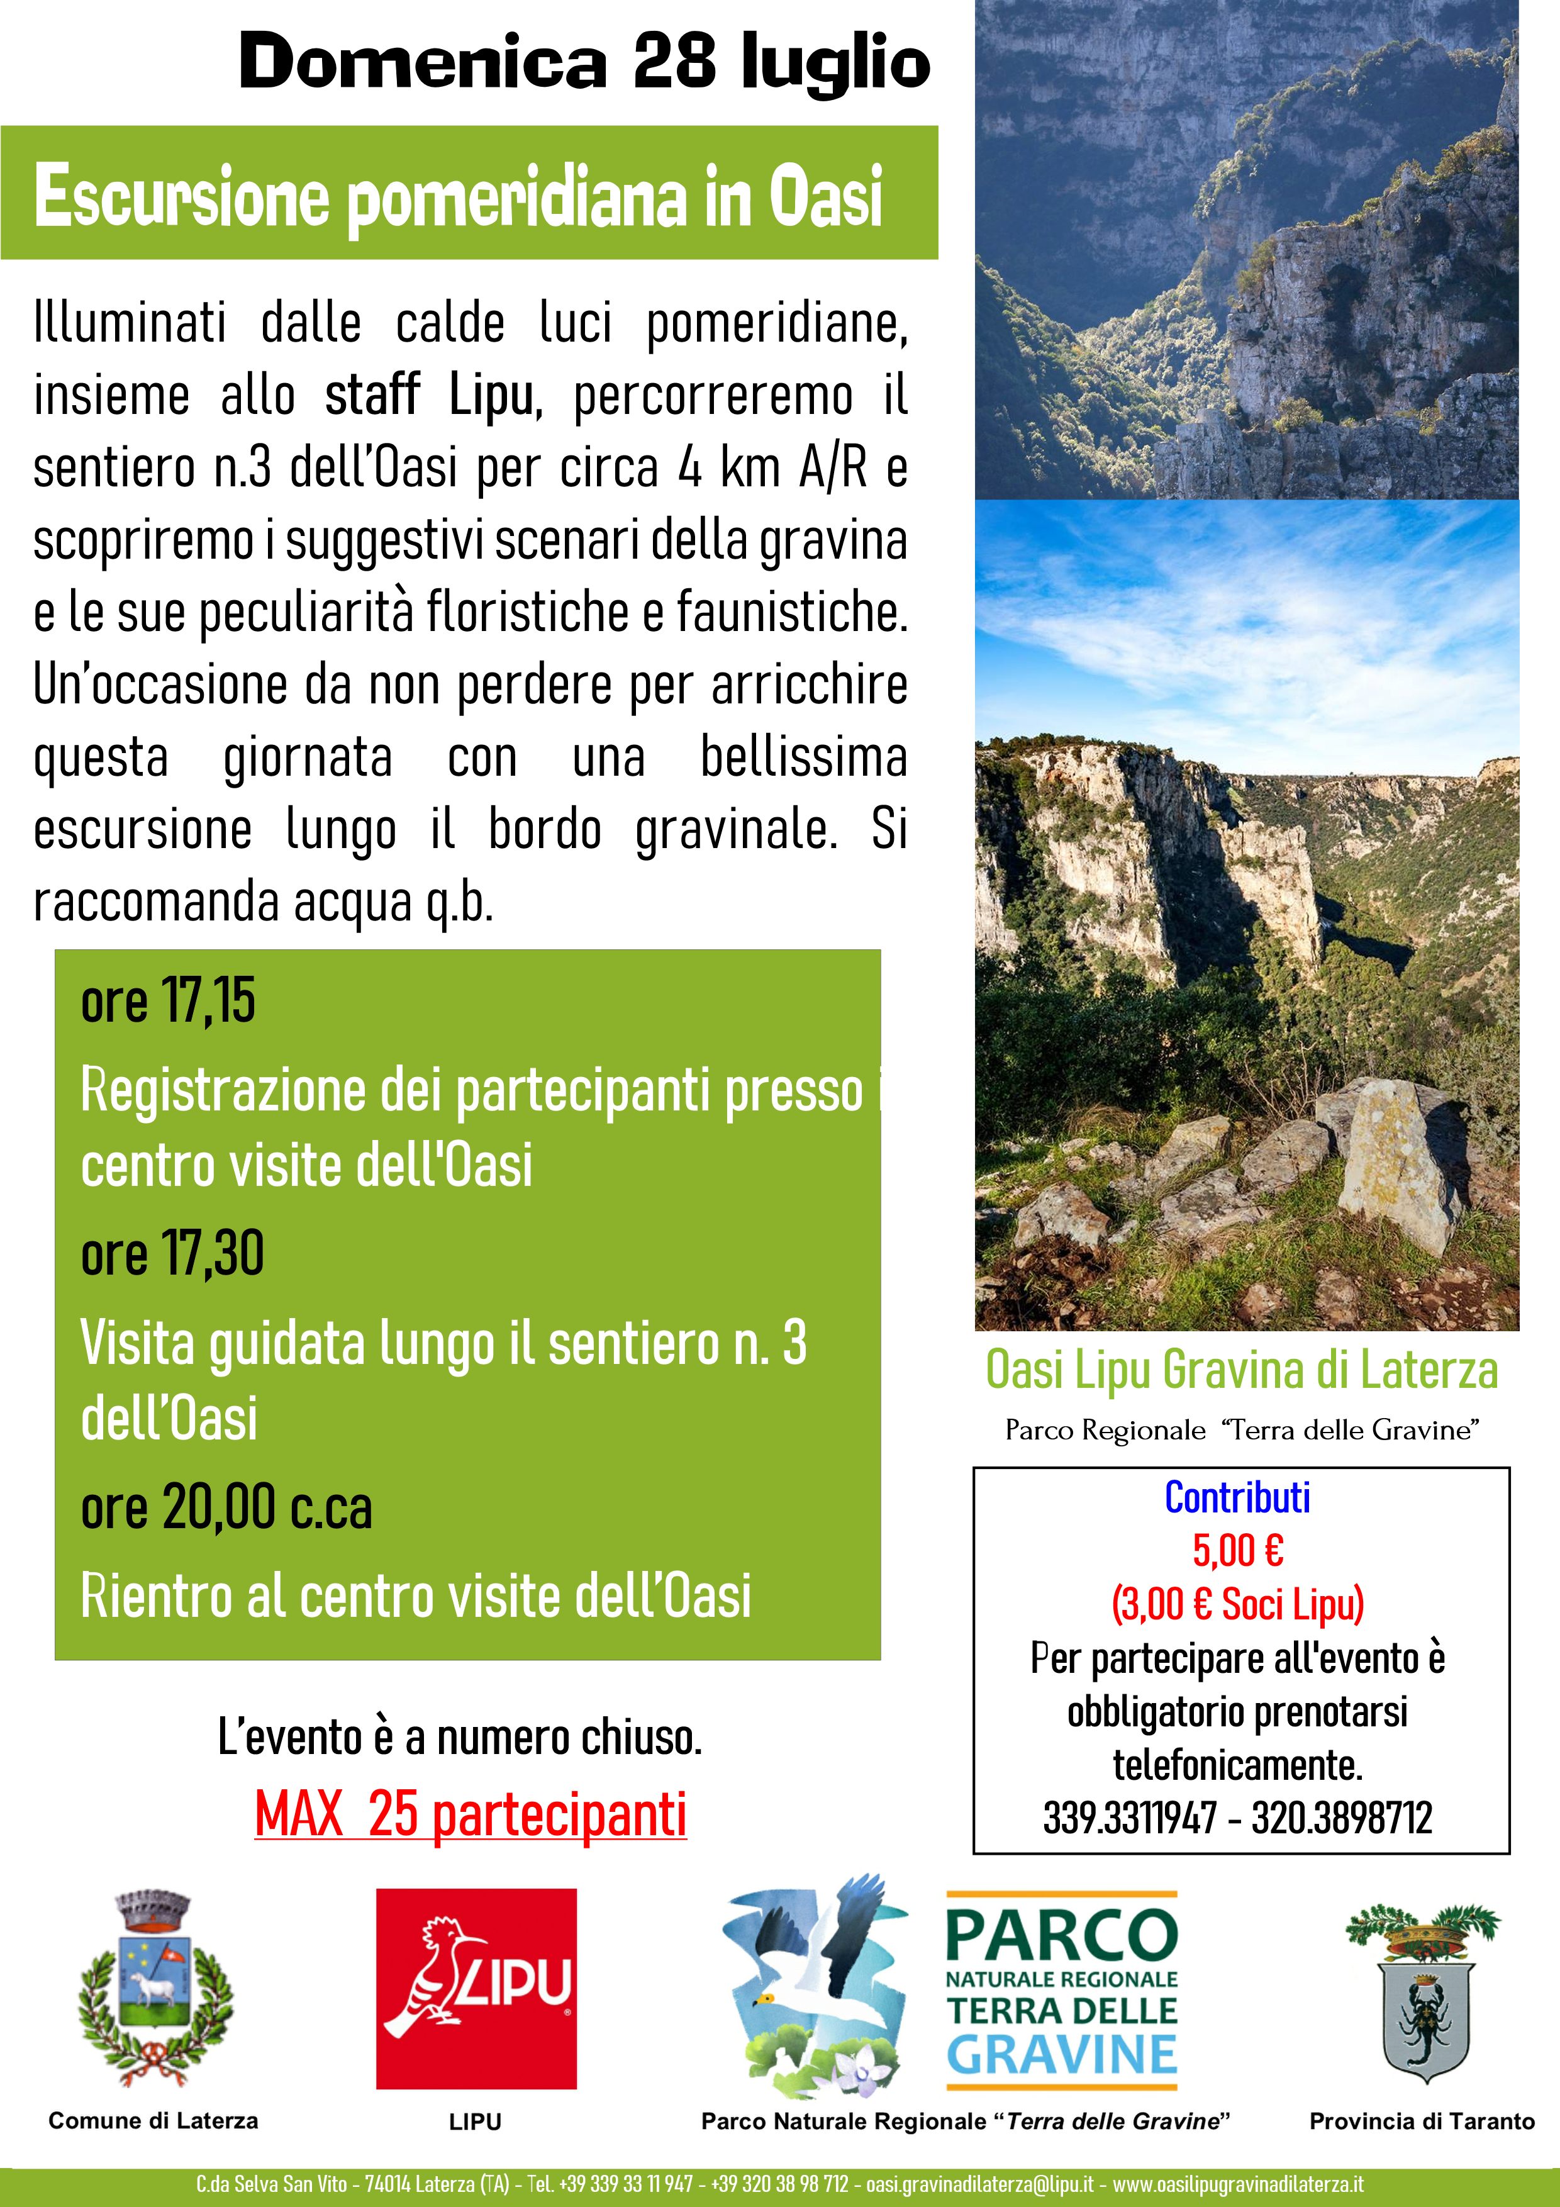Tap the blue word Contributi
pyautogui.click(x=1237, y=1497)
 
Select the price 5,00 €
pyautogui.click(x=1237, y=1550)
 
